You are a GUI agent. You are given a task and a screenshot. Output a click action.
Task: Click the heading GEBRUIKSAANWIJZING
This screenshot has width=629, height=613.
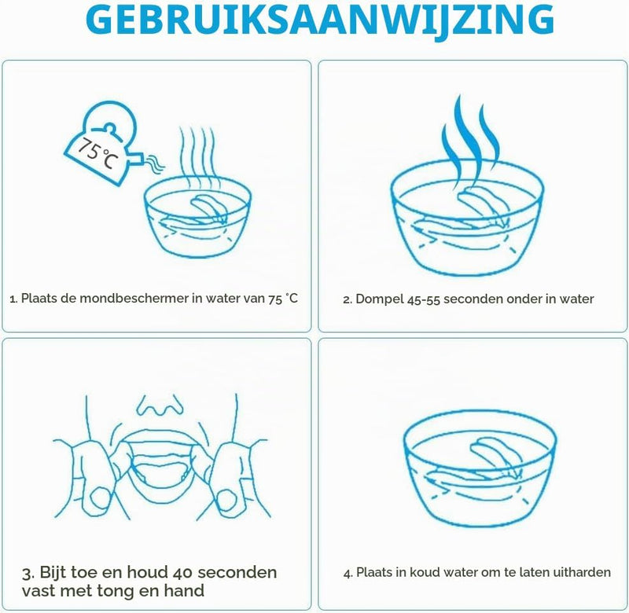(320, 20)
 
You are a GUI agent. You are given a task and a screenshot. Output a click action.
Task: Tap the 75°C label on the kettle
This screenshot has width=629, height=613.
(98, 153)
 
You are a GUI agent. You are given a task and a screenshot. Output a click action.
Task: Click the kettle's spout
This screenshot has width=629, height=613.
(136, 160)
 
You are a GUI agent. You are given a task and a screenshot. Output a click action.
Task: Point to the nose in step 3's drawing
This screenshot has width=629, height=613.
(160, 405)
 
